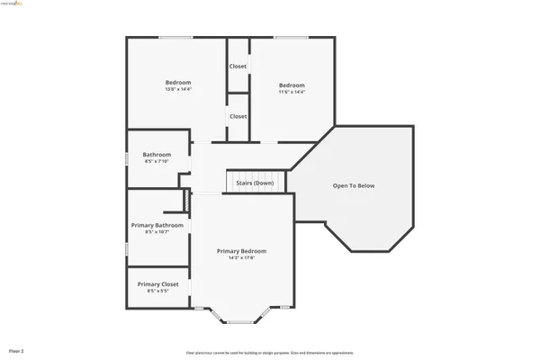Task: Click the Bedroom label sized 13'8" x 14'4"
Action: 177,83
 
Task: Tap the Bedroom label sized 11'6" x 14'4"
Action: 291,85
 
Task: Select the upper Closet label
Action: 238,67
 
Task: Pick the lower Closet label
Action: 238,116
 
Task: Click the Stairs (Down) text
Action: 255,183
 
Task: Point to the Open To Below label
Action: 354,186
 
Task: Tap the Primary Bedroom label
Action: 241,251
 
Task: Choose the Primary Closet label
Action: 157,284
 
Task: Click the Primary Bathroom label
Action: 157,225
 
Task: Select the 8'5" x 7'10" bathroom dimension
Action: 157,162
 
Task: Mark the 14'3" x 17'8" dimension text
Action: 241,258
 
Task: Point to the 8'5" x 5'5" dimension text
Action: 157,292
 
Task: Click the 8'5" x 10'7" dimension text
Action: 157,232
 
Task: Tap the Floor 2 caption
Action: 16,350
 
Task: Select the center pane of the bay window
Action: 240,322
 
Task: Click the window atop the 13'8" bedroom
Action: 175,37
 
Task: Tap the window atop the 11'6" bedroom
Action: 288,37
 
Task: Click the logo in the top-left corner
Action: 14,4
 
